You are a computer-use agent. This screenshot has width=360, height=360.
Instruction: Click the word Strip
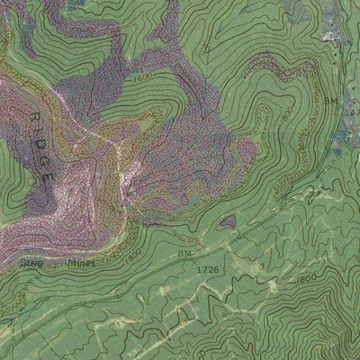29,263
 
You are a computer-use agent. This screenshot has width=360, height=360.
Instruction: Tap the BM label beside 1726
185,256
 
